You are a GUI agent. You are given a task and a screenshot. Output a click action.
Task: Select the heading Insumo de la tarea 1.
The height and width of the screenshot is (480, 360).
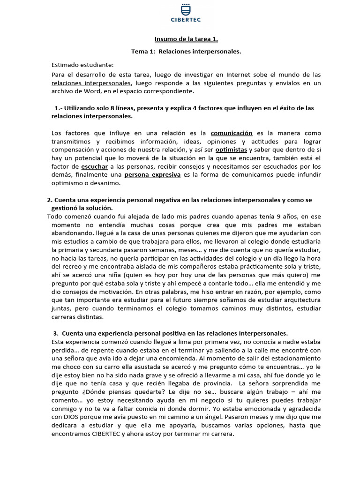tap(180, 39)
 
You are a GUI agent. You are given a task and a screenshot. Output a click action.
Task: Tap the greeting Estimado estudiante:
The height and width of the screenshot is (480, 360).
tap(82, 64)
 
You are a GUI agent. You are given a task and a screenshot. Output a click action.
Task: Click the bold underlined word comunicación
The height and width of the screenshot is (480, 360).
tap(232, 133)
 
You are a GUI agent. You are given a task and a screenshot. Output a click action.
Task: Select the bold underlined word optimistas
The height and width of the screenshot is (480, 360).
tap(232, 150)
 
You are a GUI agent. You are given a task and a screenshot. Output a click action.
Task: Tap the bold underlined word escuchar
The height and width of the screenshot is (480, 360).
tap(95, 166)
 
